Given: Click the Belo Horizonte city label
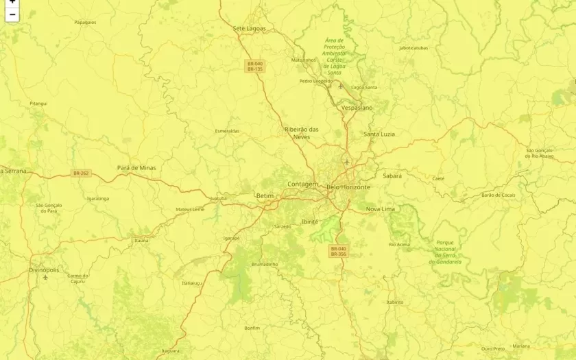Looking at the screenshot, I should [x=348, y=187].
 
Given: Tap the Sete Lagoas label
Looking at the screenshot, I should [x=249, y=28].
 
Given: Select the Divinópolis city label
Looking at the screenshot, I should [x=44, y=270].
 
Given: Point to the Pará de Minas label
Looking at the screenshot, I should [x=136, y=167].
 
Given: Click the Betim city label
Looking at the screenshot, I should [x=264, y=196].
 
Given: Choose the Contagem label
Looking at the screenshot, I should [x=302, y=184].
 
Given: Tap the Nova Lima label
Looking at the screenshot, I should [x=380, y=208].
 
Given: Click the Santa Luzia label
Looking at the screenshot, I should [x=379, y=134].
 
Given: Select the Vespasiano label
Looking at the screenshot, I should [x=357, y=108].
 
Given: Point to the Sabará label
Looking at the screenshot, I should [x=392, y=176].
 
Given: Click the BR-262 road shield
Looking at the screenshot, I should [x=81, y=173].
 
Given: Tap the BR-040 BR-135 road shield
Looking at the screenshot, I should [x=255, y=67].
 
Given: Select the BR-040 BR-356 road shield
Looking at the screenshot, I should [x=339, y=252].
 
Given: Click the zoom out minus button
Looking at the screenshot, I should [x=12, y=14].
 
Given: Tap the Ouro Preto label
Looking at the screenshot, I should [x=493, y=348].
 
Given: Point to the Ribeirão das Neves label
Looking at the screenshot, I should [x=302, y=133].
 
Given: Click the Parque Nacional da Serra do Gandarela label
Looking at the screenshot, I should [x=445, y=252].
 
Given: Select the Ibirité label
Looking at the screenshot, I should [x=310, y=221].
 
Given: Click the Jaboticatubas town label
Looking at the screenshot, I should [x=413, y=48].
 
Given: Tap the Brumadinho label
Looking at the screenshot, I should [x=264, y=264].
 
